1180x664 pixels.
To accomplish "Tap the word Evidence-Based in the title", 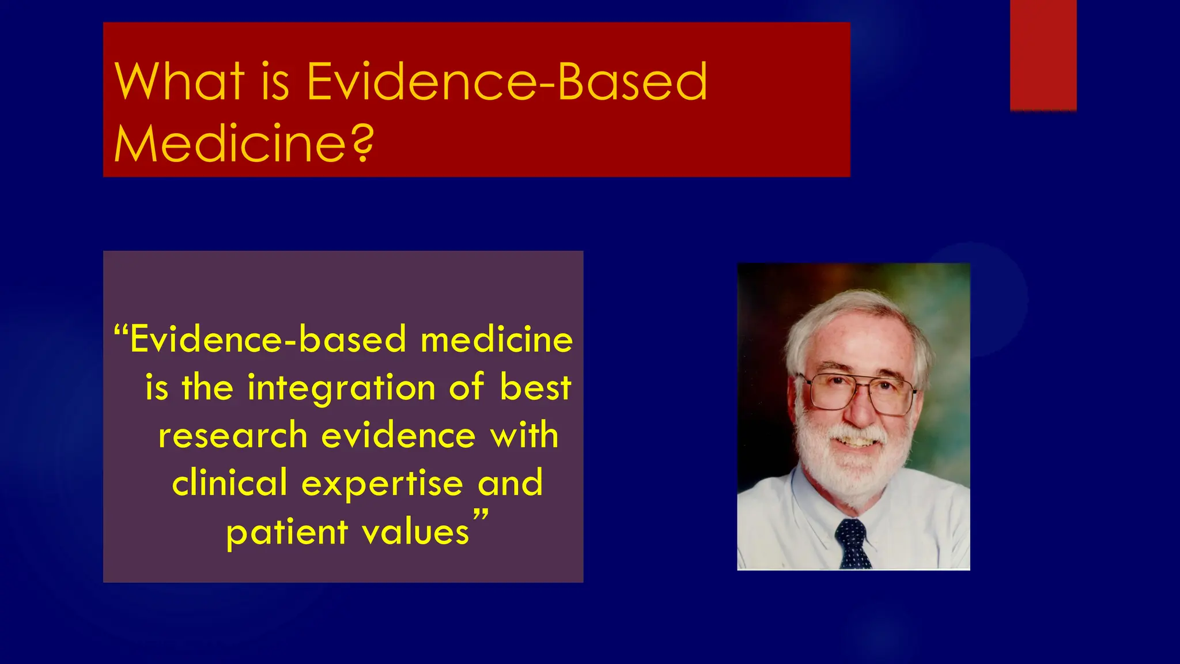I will click(x=506, y=82).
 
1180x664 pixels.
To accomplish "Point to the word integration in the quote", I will click(x=341, y=387).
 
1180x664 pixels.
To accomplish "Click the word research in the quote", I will click(x=233, y=435).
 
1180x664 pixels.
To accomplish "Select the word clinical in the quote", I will click(x=229, y=483).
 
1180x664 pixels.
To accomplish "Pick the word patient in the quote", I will click(x=286, y=532).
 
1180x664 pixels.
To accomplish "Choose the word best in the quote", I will click(x=535, y=387).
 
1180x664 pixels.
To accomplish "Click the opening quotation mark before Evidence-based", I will click(x=120, y=331).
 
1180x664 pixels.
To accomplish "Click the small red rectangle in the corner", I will click(x=1043, y=55).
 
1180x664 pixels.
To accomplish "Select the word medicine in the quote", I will click(x=497, y=339).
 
